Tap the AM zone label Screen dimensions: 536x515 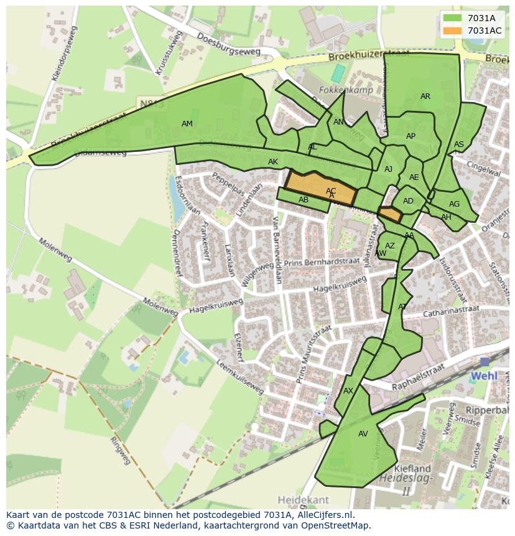(187, 124)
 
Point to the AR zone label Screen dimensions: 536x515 (425, 96)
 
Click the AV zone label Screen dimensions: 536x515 (363, 434)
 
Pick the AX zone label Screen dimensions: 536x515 (348, 391)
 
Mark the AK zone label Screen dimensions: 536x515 (273, 162)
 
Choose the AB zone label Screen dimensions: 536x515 (304, 200)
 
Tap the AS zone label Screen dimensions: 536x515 (459, 144)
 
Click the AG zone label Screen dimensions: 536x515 (455, 204)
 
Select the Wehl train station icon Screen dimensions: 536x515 (485, 362)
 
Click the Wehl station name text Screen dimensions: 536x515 (484, 376)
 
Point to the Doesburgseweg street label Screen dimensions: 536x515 (228, 45)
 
